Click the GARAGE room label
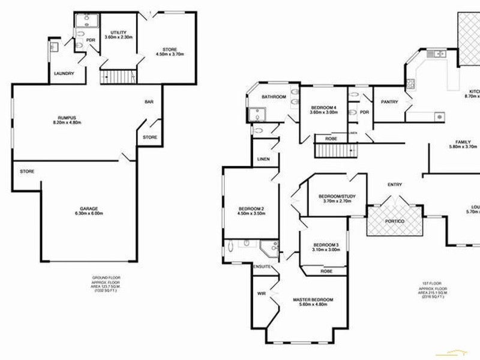(86, 208)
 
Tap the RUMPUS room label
(62, 118)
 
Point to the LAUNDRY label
(64, 73)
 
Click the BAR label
(149, 103)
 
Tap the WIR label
(261, 294)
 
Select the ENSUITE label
(263, 265)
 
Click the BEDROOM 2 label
(251, 209)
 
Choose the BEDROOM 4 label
(323, 107)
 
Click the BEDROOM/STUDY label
(334, 197)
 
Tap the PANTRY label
(389, 102)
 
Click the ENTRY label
(395, 184)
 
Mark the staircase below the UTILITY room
(118, 77)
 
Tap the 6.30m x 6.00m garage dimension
(86, 214)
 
